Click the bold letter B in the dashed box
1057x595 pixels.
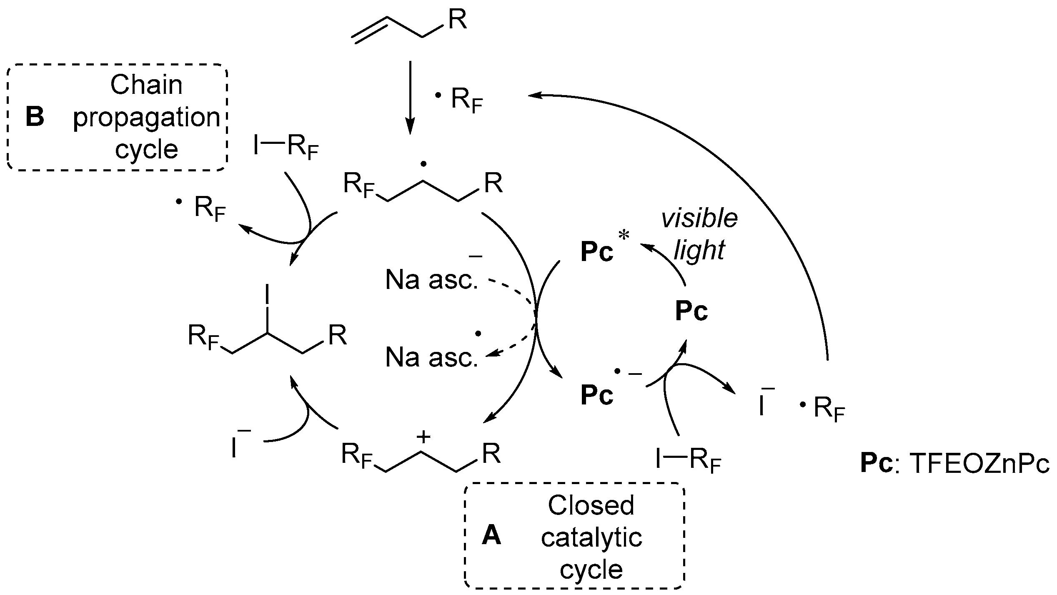pos(35,117)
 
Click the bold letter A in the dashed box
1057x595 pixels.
pos(491,536)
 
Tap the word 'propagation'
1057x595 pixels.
pos(147,118)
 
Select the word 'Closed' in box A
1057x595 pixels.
pos(591,505)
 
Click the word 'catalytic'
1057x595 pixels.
pos(591,537)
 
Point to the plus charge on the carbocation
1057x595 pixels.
pos(423,437)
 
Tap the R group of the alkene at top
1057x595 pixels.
pos(457,20)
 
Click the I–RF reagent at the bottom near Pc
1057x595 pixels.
pos(688,462)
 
